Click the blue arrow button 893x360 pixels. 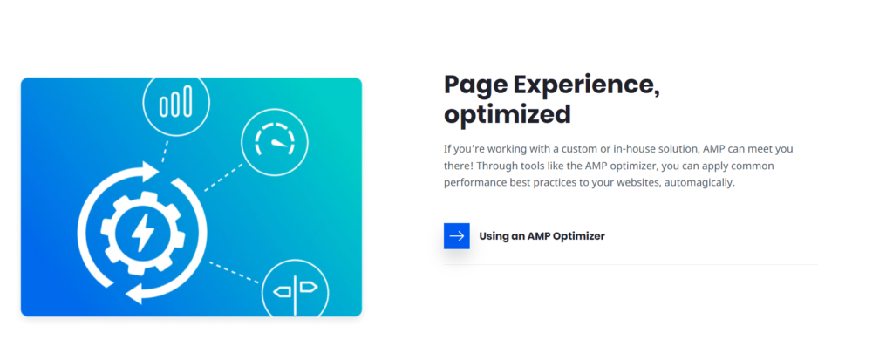456,235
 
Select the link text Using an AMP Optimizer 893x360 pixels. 542,235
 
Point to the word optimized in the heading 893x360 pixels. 508,114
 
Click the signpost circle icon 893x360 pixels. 294,288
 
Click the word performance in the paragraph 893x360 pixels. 476,183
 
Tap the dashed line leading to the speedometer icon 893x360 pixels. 222,177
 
